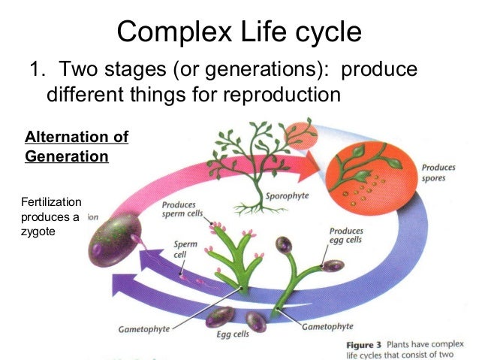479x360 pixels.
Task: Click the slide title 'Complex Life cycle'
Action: point(239,32)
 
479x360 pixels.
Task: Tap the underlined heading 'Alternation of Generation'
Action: point(76,147)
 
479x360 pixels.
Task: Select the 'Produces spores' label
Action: point(438,173)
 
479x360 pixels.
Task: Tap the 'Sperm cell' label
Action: point(185,250)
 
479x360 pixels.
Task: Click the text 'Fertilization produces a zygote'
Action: point(52,217)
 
